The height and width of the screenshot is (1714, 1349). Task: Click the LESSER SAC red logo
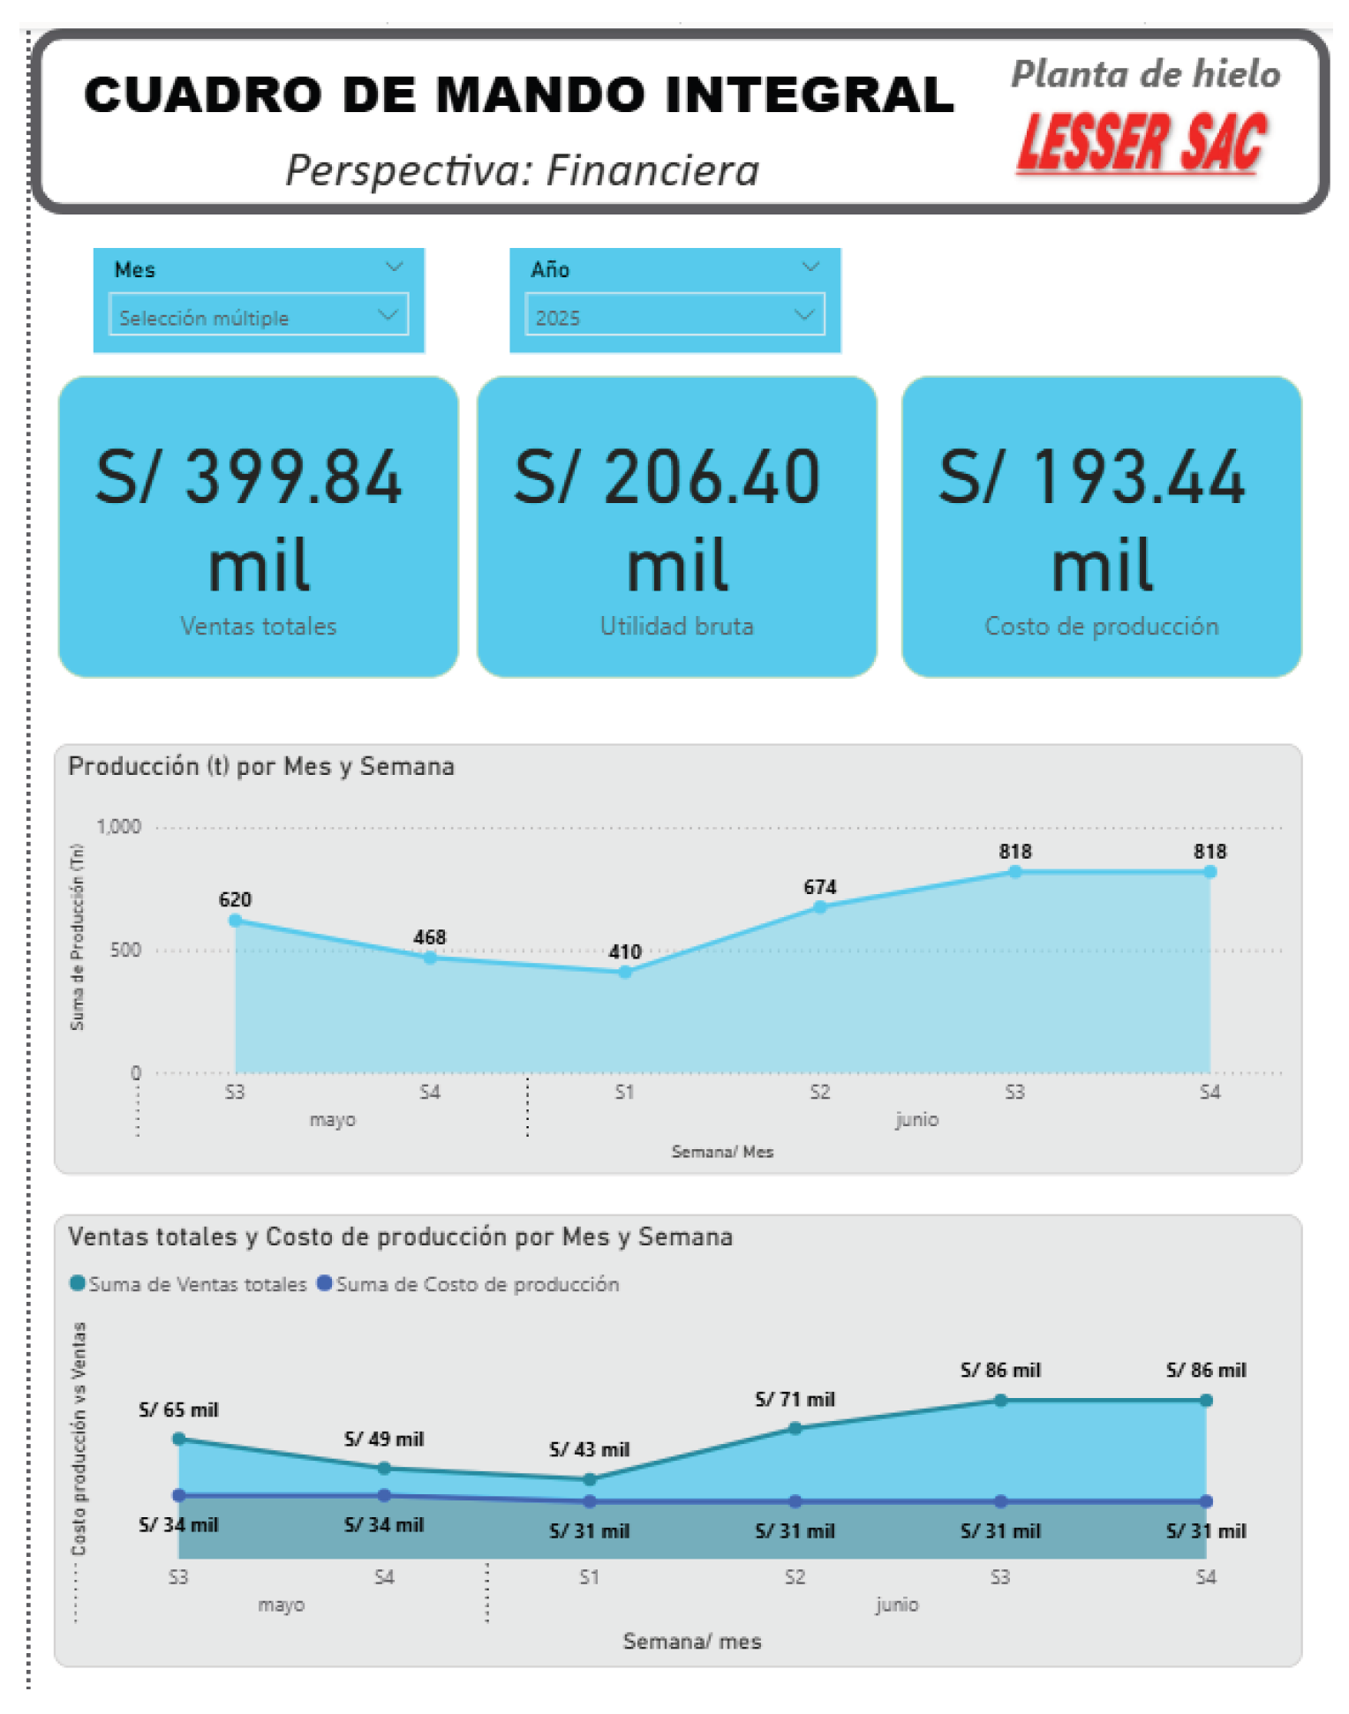pyautogui.click(x=1142, y=142)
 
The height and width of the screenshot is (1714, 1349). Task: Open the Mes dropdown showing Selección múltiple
pyautogui.click(x=258, y=315)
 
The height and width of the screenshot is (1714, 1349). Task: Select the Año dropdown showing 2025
pyautogui.click(x=674, y=315)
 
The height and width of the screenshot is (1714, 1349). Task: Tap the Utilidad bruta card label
pyautogui.click(x=676, y=627)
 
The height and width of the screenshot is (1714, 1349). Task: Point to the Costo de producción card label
pyautogui.click(x=1101, y=627)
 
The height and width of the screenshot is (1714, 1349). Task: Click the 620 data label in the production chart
pyautogui.click(x=235, y=899)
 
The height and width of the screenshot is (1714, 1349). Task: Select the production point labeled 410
pyautogui.click(x=625, y=973)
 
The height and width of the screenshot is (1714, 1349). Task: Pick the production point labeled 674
pyautogui.click(x=820, y=907)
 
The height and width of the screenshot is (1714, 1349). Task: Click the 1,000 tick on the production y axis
pyautogui.click(x=118, y=827)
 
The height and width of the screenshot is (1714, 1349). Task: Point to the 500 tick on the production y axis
pyautogui.click(x=124, y=951)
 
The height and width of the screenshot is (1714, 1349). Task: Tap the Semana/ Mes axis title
pyautogui.click(x=722, y=1152)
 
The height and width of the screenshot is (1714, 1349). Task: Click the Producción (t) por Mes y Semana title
pyautogui.click(x=261, y=766)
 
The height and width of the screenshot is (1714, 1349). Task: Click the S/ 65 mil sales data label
pyautogui.click(x=178, y=1410)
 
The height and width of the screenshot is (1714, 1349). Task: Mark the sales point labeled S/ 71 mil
pyautogui.click(x=795, y=1428)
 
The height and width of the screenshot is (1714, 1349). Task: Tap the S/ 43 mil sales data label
pyautogui.click(x=589, y=1449)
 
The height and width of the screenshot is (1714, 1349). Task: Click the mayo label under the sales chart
pyautogui.click(x=281, y=1605)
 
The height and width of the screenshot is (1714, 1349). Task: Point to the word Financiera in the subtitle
pyautogui.click(x=652, y=170)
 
